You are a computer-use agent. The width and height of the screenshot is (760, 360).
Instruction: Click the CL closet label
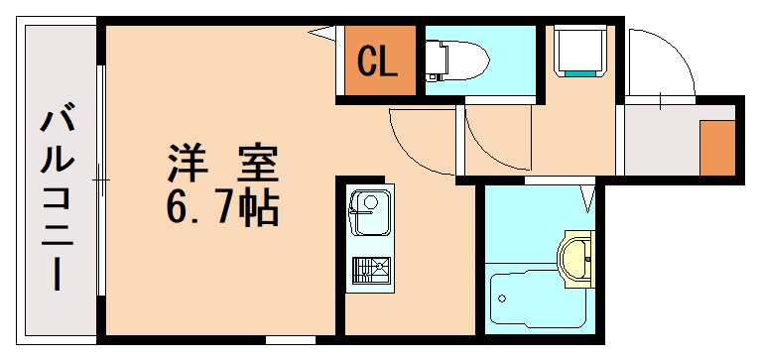tap(377, 62)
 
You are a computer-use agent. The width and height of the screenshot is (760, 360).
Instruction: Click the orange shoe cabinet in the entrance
tap(714, 147)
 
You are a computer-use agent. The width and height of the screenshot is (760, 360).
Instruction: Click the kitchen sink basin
tap(368, 210)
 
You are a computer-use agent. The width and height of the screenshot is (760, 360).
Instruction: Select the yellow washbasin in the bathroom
tap(576, 258)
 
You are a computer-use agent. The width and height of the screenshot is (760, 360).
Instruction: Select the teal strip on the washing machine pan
tap(581, 71)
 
